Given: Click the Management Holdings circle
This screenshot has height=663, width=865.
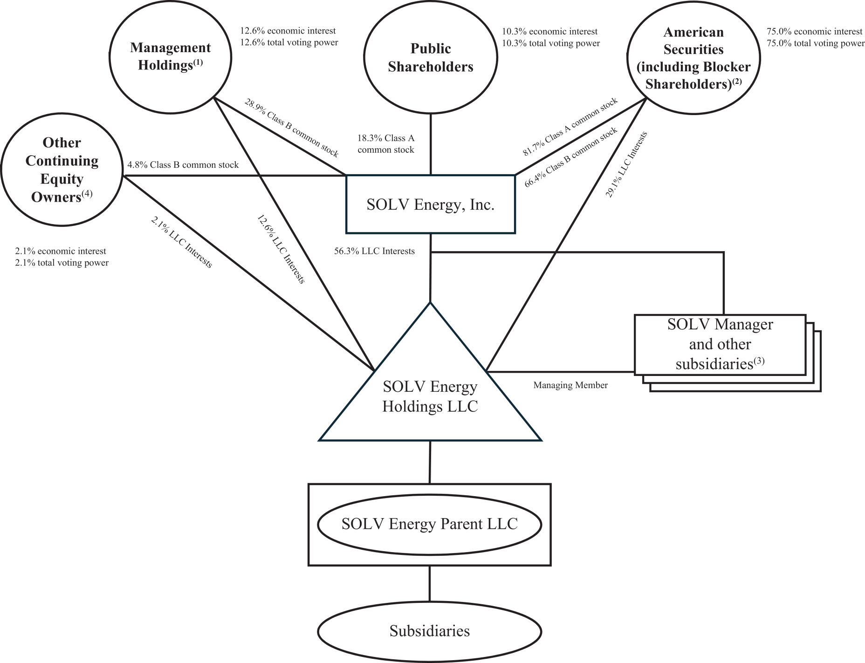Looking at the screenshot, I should click(x=170, y=57).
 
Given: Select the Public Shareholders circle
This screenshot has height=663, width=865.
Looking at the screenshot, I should click(x=430, y=58).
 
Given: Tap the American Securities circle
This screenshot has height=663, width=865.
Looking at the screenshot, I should click(x=693, y=58).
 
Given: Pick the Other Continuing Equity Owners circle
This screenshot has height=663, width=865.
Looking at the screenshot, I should click(x=62, y=170).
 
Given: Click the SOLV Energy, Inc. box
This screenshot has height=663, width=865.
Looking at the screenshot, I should click(x=430, y=205).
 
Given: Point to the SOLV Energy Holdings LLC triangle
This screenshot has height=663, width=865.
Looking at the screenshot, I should click(x=430, y=396).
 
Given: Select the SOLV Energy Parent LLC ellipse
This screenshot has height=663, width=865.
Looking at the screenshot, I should click(x=429, y=524).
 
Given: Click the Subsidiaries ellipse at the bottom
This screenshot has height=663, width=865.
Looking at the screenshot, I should click(x=429, y=631).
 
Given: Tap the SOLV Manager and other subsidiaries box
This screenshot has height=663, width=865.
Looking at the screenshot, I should click(x=720, y=344).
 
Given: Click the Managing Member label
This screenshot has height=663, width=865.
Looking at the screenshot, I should click(x=570, y=385).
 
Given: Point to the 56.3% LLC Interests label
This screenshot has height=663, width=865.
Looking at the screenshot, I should click(x=374, y=251).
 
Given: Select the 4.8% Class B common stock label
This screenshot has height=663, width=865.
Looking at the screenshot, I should click(x=183, y=164).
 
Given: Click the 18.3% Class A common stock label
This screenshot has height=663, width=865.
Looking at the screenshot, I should click(x=386, y=144).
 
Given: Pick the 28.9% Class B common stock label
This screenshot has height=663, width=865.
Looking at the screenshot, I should click(x=292, y=128).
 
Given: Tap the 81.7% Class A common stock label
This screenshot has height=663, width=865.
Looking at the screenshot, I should click(x=570, y=126).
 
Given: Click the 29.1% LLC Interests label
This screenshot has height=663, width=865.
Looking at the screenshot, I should click(x=626, y=164).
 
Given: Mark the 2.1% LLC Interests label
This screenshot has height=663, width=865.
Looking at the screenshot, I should click(x=182, y=242).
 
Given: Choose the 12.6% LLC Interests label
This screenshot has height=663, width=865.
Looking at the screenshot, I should click(x=281, y=249).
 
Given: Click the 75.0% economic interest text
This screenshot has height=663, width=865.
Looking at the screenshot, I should click(x=814, y=32).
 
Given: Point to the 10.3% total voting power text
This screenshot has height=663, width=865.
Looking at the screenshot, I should click(x=550, y=43).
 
